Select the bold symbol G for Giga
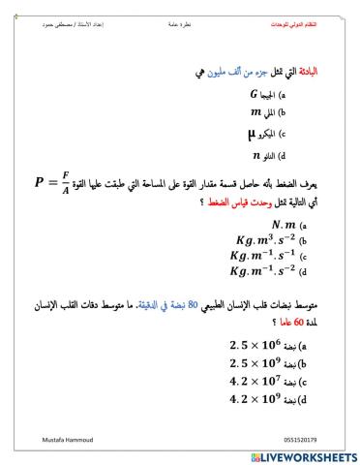coord(254,96)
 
